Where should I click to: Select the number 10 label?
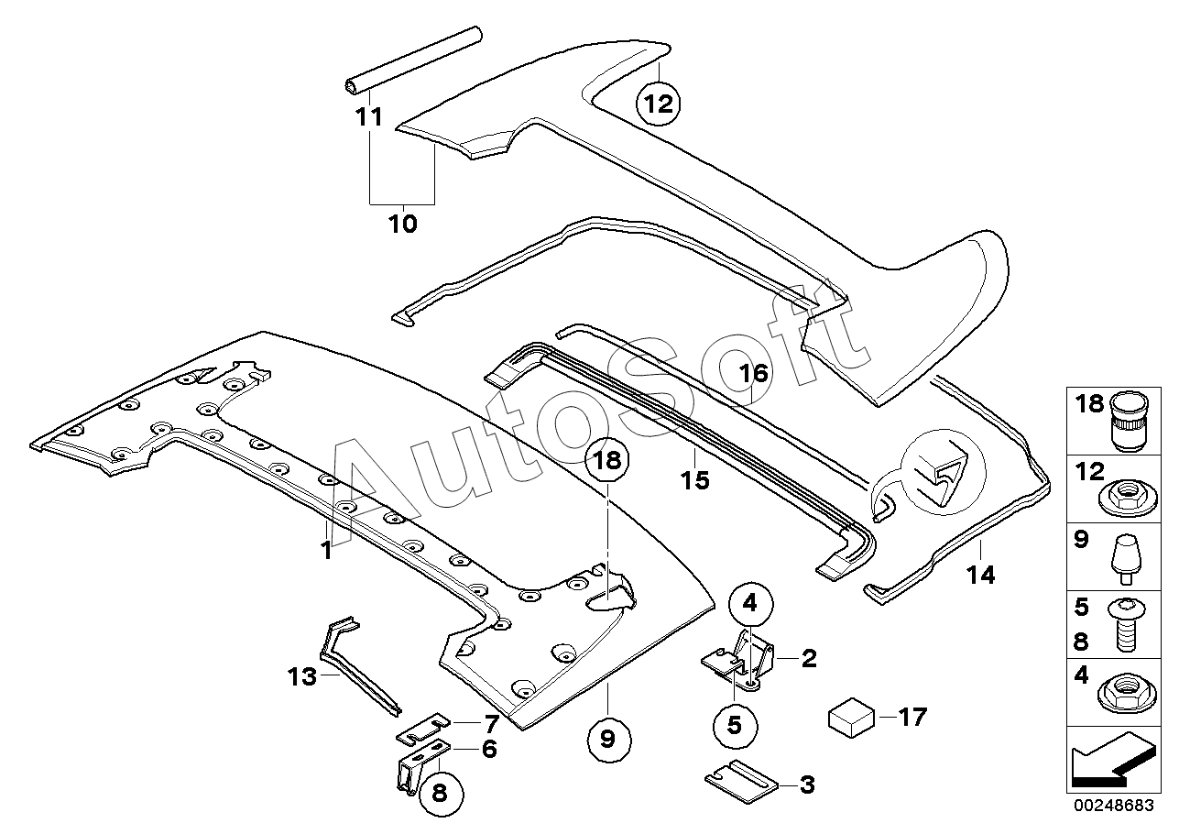coord(402,223)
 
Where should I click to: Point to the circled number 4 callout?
coord(750,603)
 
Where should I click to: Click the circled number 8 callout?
coord(440,794)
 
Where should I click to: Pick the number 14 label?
coord(979,575)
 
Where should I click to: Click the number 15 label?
coord(695,479)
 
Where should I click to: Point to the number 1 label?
coord(325,551)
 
